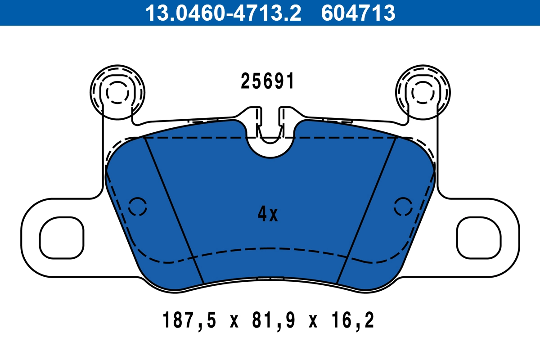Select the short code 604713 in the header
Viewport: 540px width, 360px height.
click(358, 13)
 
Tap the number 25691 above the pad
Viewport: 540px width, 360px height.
click(268, 81)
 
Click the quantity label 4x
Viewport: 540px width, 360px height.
click(268, 215)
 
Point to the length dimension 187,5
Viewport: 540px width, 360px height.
click(189, 321)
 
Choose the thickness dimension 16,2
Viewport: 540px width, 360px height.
click(352, 321)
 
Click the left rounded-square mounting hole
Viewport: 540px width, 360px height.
click(62, 238)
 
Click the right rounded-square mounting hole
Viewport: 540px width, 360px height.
click(479, 238)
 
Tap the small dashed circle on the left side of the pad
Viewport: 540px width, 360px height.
click(138, 207)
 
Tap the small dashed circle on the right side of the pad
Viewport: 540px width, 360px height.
click(403, 207)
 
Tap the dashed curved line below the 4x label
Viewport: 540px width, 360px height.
click(270, 248)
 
